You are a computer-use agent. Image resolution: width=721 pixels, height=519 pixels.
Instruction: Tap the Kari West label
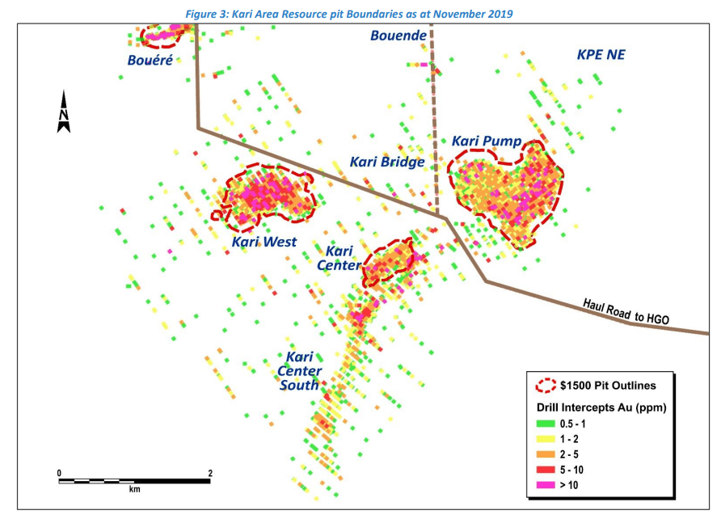[264, 242]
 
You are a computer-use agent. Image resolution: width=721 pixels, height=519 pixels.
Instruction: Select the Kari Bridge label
[387, 162]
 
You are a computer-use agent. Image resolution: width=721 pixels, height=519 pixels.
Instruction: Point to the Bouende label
[398, 36]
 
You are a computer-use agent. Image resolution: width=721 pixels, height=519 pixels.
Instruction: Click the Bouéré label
[150, 60]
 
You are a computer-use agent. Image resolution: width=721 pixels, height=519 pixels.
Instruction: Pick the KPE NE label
[601, 55]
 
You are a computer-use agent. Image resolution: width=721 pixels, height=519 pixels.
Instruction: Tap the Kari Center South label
[299, 371]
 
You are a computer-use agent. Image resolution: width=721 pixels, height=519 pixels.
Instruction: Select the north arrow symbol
[64, 112]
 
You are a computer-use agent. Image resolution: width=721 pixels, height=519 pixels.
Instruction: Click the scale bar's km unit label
[134, 490]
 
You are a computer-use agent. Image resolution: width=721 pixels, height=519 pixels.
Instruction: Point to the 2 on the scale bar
[210, 472]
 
